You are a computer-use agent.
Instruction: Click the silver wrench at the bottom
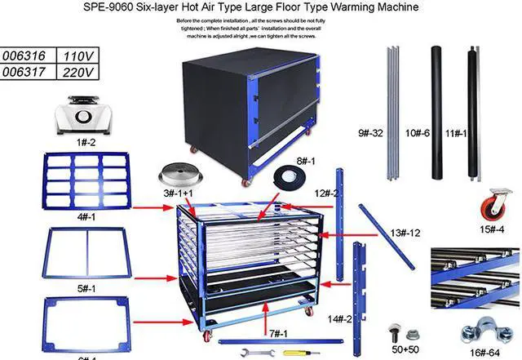click(x=259, y=352)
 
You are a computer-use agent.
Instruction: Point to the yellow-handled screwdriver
click(x=299, y=353)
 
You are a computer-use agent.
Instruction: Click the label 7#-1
click(x=279, y=333)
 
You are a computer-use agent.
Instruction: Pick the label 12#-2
click(x=321, y=193)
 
